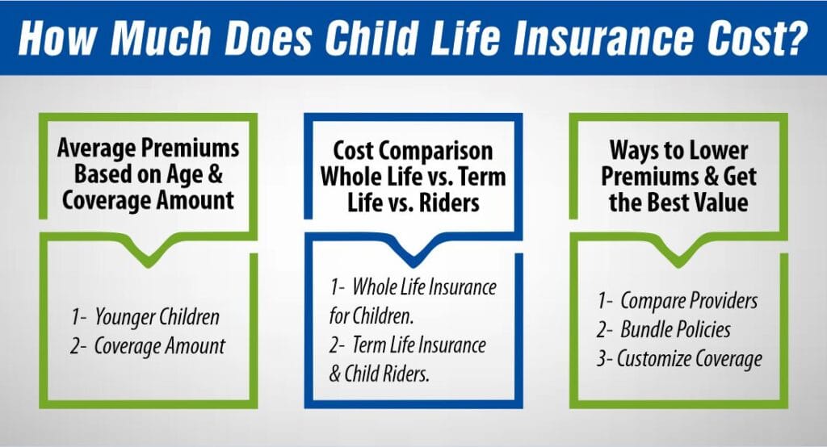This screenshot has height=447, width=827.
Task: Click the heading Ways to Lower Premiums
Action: point(678,177)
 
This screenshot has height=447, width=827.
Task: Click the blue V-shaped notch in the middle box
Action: point(413,257)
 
